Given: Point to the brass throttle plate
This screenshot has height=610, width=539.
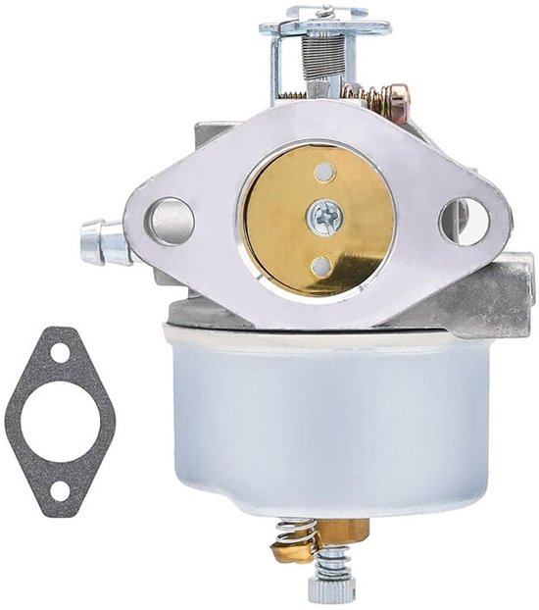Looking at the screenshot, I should [284, 221].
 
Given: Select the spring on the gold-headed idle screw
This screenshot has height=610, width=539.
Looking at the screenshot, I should [368, 94].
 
